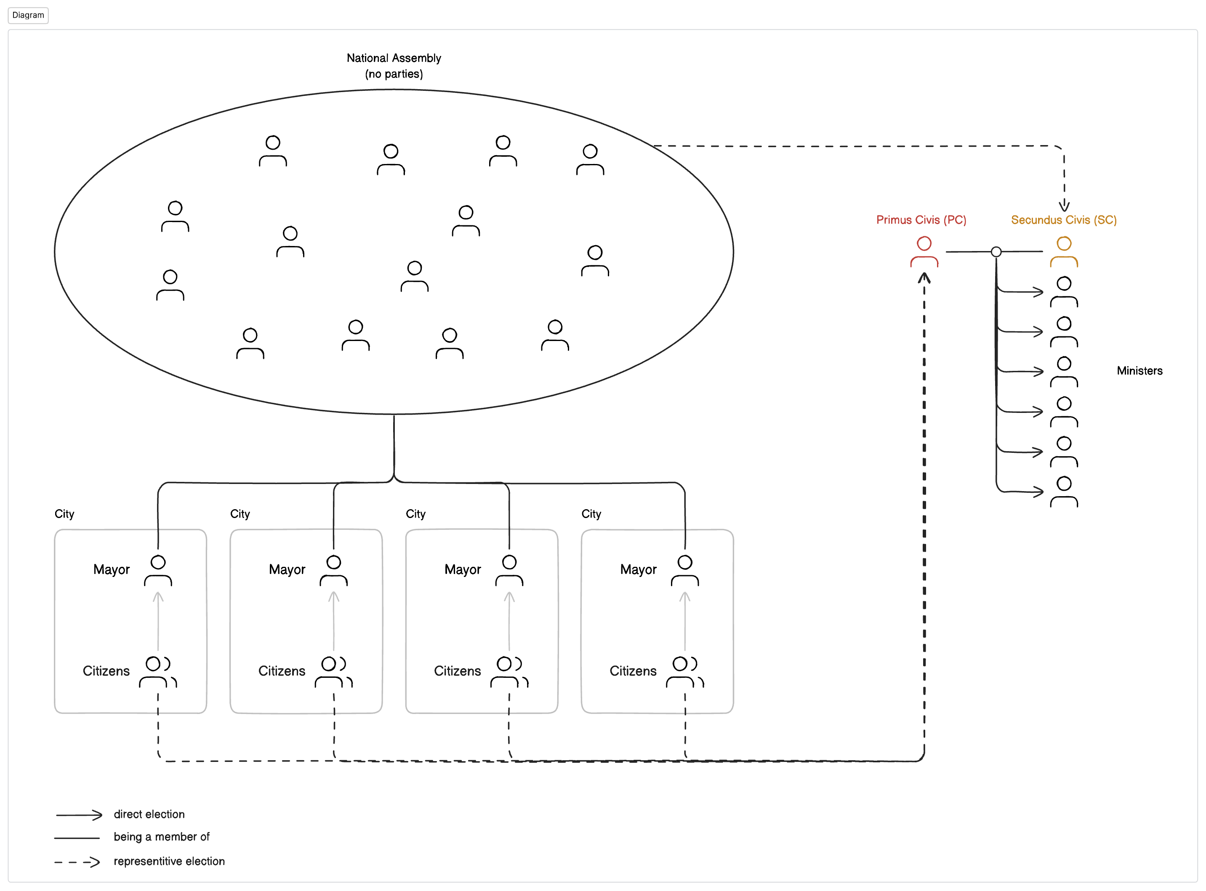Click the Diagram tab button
28,15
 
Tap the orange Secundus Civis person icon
1063,251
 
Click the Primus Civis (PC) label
921,219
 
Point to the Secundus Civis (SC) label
1063,219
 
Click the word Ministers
1139,370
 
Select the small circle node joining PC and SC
996,251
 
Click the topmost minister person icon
1063,292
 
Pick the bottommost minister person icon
1063,492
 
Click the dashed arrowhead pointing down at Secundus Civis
1063,206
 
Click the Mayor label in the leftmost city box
111,570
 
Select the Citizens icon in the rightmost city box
684,672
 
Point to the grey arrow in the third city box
509,620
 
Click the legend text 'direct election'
149,814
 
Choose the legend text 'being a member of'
161,836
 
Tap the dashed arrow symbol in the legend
77,862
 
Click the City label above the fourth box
591,513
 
